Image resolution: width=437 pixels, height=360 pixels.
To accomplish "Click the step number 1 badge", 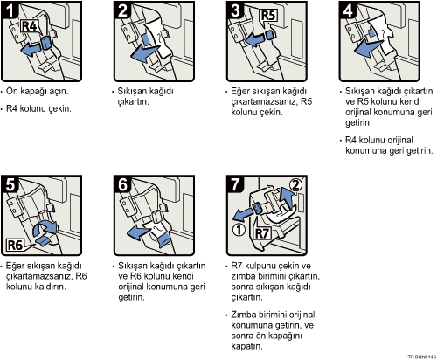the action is tap(10, 10).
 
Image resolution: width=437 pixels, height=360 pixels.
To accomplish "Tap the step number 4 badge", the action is tap(348, 10).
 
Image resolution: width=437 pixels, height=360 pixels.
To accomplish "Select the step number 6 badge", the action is tap(122, 183).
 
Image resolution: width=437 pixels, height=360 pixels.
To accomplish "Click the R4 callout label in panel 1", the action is tap(29, 26).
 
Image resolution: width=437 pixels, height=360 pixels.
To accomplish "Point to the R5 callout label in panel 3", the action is tap(268, 16).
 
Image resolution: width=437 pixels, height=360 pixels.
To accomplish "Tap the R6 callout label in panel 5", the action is tap(15, 245).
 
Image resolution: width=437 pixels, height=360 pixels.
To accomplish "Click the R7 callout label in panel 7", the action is tap(262, 233).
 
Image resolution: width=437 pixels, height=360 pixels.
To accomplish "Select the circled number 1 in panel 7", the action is tap(239, 230).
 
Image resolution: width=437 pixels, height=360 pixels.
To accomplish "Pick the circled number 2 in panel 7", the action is tap(295, 184).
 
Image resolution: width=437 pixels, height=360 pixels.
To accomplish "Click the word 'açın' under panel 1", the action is tap(59, 92).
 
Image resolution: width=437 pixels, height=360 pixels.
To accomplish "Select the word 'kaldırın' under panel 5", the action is tap(50, 287).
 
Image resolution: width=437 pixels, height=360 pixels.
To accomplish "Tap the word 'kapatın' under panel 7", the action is tap(246, 346).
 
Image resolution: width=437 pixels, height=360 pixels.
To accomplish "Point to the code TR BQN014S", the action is tap(421, 357).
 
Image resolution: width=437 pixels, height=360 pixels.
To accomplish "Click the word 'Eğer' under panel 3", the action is tap(239, 92).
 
